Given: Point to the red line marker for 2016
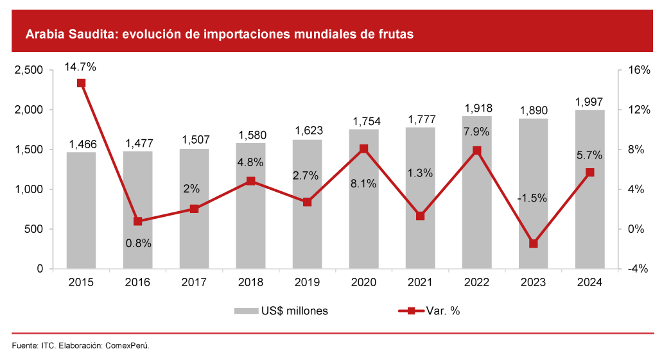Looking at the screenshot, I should click(137, 221).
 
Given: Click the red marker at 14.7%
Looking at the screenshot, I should click(81, 83).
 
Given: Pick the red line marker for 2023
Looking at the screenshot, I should click(533, 244).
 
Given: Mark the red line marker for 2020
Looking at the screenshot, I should click(363, 149).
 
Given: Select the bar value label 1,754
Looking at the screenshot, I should click(363, 121).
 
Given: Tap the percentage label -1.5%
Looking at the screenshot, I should click(532, 198).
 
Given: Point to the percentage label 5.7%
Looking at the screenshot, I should click(589, 155).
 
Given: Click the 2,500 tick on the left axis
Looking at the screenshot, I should click(29, 71).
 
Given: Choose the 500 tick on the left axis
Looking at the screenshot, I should click(34, 229).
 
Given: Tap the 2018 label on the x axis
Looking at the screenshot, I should click(250, 282).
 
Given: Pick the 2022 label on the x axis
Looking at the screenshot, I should click(476, 282).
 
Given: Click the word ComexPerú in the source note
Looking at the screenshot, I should click(126, 346).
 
